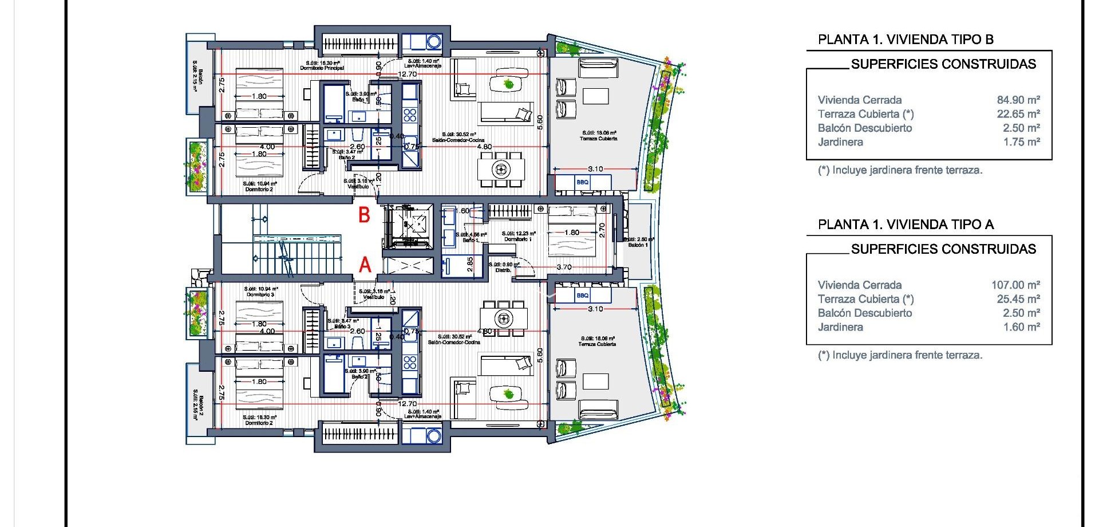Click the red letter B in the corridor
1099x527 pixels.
(364, 215)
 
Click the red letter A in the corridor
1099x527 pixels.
(365, 265)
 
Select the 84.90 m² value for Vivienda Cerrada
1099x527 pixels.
(1018, 100)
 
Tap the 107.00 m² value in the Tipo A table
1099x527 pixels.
(1015, 285)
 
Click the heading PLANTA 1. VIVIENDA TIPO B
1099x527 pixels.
(906, 40)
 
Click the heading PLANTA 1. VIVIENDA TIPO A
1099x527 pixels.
(906, 225)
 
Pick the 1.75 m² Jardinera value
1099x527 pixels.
(1021, 142)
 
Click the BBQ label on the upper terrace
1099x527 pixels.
(582, 182)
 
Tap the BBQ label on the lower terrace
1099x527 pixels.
(582, 296)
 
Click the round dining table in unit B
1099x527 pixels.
(501, 169)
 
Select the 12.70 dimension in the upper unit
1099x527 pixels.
(408, 74)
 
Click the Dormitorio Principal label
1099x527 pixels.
(322, 68)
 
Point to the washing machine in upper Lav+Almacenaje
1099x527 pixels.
(434, 42)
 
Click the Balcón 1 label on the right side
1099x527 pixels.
(638, 245)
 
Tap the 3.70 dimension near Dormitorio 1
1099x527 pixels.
(564, 267)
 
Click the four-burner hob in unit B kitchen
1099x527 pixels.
(410, 114)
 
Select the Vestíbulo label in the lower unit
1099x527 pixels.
(374, 297)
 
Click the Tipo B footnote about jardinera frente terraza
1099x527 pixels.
(900, 170)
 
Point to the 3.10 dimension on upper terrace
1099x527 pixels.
(595, 169)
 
